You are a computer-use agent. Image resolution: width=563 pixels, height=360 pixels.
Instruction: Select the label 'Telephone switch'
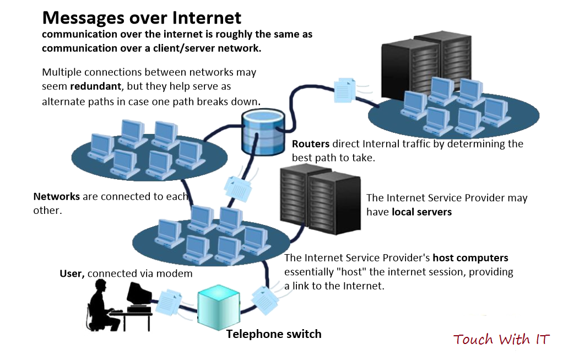[273, 334]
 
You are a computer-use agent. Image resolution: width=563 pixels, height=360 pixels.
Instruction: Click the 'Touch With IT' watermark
[501, 339]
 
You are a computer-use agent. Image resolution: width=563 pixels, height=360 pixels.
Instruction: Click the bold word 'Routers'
[310, 144]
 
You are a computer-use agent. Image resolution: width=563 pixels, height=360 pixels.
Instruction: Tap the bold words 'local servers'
[421, 212]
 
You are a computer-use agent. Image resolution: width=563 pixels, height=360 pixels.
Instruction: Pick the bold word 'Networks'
[56, 196]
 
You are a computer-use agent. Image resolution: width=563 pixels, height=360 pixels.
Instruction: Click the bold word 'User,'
[72, 274]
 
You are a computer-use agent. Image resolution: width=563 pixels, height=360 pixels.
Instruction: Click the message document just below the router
[237, 187]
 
